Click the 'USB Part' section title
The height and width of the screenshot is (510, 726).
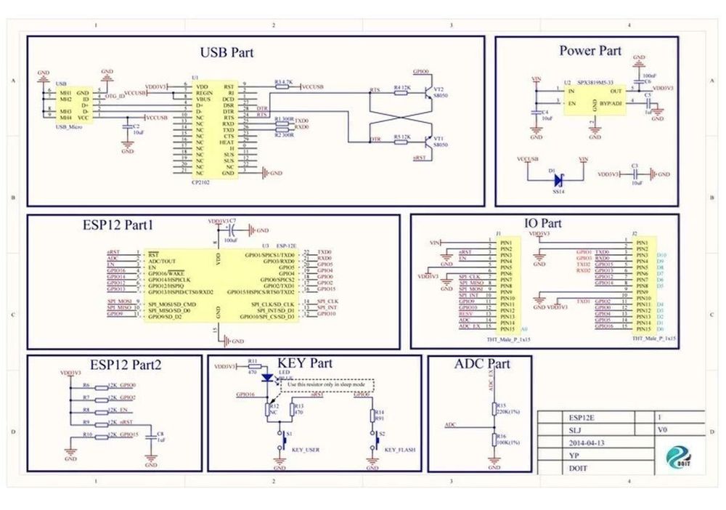click(227, 52)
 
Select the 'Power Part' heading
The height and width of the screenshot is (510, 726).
click(590, 50)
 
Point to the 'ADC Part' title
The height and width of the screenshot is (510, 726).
click(481, 363)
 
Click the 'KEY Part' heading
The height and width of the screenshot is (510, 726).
click(304, 363)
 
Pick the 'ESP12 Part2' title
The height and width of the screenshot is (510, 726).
click(130, 364)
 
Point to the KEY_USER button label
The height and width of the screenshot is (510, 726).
click(305, 450)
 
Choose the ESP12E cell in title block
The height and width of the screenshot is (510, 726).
click(582, 417)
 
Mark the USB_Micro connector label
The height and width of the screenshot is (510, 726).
click(70, 127)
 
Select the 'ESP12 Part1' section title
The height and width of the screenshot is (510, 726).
click(118, 225)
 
